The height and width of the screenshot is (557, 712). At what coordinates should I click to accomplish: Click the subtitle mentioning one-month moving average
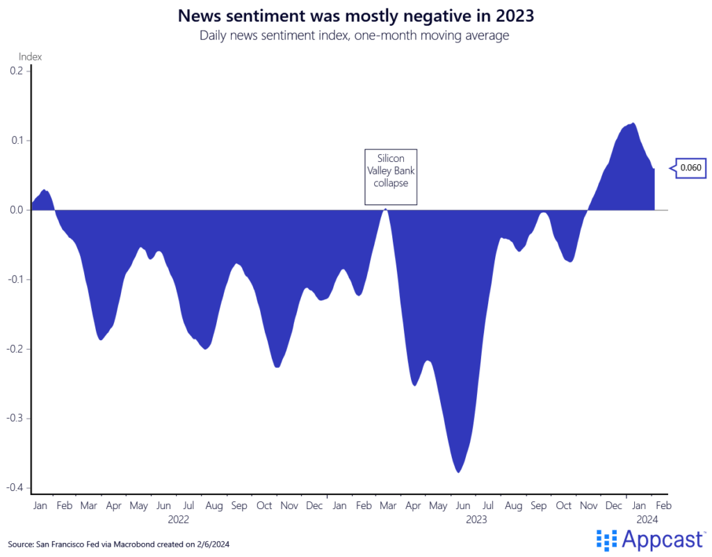[355, 35]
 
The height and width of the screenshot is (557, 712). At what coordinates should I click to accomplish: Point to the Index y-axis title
[31, 56]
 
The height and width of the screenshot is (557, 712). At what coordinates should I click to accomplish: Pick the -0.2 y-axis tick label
[15, 349]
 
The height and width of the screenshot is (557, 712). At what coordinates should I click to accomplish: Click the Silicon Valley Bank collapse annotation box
[391, 177]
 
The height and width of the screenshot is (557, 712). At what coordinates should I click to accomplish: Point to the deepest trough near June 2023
[458, 471]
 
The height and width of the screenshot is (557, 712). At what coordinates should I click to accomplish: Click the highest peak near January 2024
[632, 124]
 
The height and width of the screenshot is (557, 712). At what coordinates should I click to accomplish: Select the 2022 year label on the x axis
[178, 519]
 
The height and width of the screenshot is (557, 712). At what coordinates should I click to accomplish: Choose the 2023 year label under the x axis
[476, 519]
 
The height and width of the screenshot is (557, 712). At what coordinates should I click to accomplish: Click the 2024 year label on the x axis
[647, 519]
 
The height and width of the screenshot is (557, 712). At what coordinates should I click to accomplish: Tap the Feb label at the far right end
[663, 506]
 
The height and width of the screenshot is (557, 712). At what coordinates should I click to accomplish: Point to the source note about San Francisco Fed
[118, 544]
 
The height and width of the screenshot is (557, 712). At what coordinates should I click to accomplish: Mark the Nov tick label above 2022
[289, 506]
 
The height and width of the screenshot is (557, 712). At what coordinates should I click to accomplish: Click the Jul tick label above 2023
[488, 506]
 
